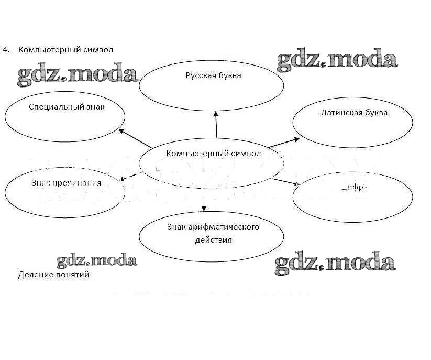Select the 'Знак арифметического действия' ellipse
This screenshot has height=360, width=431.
coord(212,235)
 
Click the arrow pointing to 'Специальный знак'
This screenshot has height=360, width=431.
coord(136,138)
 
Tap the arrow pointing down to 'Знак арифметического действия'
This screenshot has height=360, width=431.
coord(204,199)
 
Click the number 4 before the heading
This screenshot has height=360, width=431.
coord(6,50)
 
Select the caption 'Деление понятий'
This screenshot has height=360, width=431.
coord(53,275)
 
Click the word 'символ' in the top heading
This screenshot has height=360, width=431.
coord(97,50)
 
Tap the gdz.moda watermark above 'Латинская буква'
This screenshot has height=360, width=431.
coord(337,60)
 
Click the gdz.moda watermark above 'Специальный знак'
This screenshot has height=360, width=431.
coord(77,74)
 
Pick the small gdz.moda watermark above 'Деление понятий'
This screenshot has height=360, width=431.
coord(97,260)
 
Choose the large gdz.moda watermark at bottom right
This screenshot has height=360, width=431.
coord(335,262)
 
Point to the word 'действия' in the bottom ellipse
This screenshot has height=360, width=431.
coord(212,241)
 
